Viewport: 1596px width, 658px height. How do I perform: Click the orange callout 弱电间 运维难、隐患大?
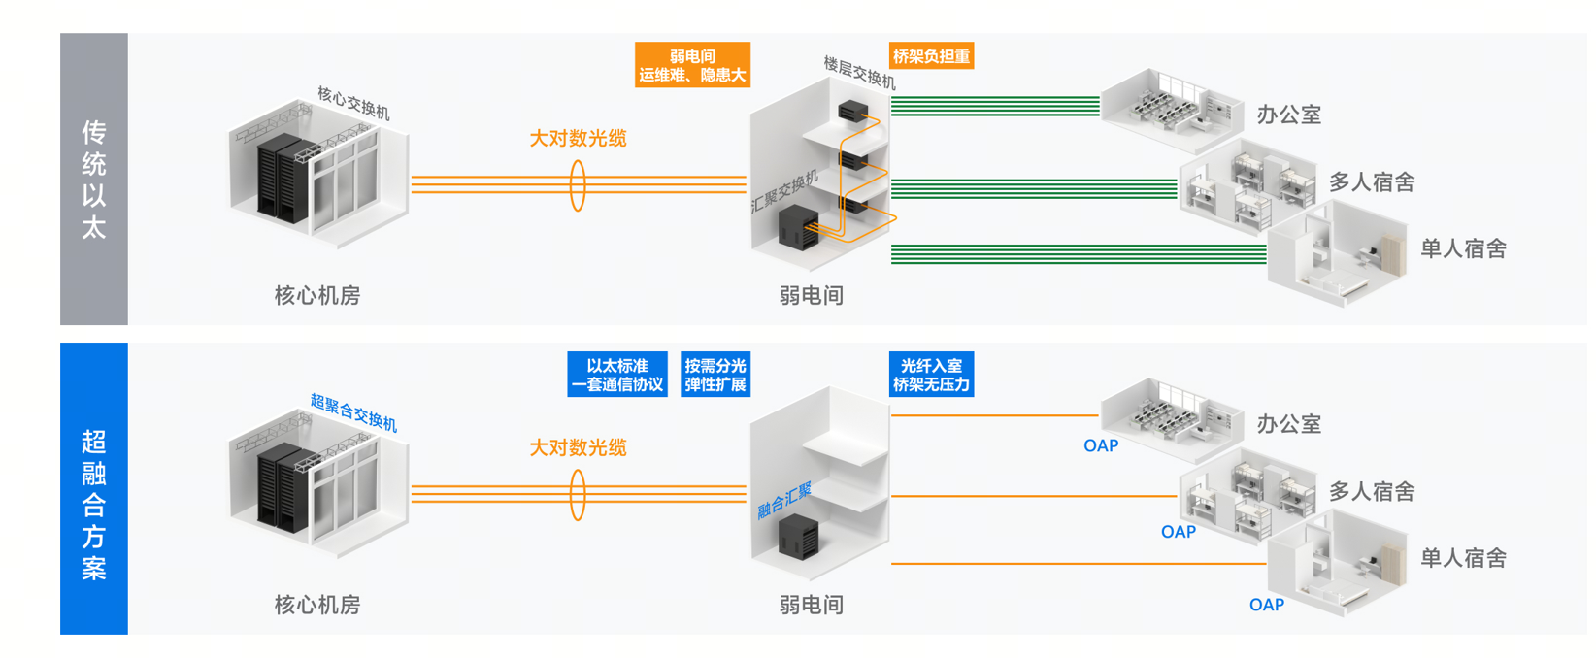coord(692,65)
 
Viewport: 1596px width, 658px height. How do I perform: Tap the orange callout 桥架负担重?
coord(931,56)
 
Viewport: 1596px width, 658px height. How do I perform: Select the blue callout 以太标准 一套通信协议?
coord(617,375)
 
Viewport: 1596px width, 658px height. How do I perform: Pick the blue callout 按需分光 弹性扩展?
coord(715,375)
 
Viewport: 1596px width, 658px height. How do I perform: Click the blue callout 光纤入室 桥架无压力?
coord(931,375)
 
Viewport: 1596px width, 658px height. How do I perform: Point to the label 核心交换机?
coord(353,103)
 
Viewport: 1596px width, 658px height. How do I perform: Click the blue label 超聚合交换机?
coord(353,412)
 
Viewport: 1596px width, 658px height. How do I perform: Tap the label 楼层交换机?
coord(859,73)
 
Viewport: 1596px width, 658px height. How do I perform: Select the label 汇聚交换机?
coord(784,192)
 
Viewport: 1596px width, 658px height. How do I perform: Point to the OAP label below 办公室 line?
coord(1101,445)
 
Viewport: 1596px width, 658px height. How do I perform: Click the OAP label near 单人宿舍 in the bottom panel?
coord(1266,605)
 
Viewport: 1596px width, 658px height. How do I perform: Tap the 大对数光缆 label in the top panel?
coord(578,139)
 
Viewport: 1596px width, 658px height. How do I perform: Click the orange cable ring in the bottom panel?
coord(578,494)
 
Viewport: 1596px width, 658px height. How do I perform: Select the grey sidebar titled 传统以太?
coord(94,180)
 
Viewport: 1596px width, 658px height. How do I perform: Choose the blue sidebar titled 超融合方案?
coord(94,488)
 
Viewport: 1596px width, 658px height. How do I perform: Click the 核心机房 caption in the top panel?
coord(317,295)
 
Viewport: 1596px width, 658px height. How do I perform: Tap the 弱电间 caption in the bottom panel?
coord(812,605)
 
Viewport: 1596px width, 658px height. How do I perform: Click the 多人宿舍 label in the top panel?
coord(1372,181)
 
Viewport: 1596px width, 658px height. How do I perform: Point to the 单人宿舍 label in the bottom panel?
coord(1463,558)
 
